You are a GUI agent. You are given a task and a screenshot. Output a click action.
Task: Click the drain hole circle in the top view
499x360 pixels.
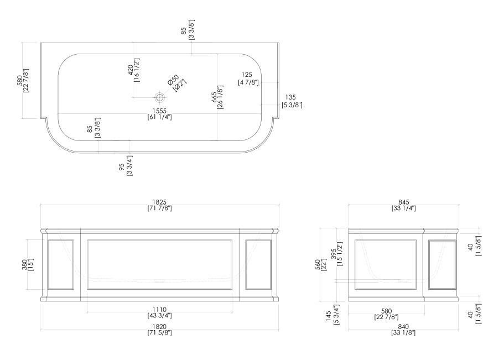coord(160,97)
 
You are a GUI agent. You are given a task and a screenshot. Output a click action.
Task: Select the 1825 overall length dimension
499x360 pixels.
coord(160,205)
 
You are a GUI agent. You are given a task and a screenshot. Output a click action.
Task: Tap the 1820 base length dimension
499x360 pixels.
coord(160,330)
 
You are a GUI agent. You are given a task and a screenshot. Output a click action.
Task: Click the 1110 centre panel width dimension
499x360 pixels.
coord(160,312)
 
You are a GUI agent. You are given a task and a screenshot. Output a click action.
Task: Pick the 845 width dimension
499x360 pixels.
coord(404,205)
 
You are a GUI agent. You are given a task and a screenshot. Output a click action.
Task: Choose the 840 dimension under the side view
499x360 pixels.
coord(404,330)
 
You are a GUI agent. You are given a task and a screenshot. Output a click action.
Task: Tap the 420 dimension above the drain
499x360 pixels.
coord(133,70)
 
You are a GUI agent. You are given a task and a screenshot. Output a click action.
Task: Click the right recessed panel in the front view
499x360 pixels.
coord(258,265)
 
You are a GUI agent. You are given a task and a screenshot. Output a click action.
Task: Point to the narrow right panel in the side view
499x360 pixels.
coord(442,265)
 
